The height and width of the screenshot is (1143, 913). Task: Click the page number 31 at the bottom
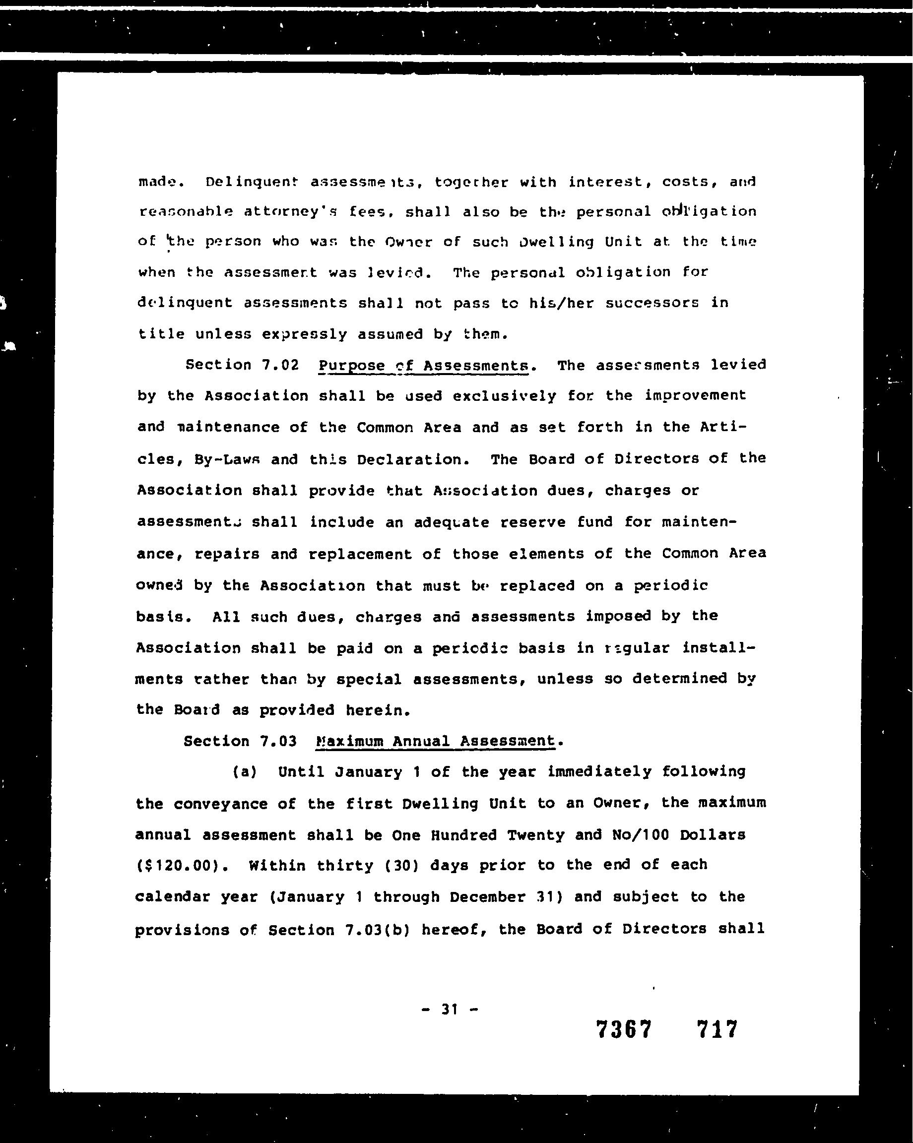pos(449,1009)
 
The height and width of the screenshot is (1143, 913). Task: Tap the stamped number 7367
pos(624,1029)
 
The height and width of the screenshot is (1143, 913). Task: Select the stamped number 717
pos(717,1029)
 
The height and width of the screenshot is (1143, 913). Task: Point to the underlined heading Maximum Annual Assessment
pos(435,741)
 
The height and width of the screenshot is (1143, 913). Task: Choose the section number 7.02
pos(280,365)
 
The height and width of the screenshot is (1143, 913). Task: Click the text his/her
pos(561,303)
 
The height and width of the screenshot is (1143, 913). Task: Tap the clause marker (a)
pos(245,772)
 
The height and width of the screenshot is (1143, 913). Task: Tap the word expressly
pos(303,334)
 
